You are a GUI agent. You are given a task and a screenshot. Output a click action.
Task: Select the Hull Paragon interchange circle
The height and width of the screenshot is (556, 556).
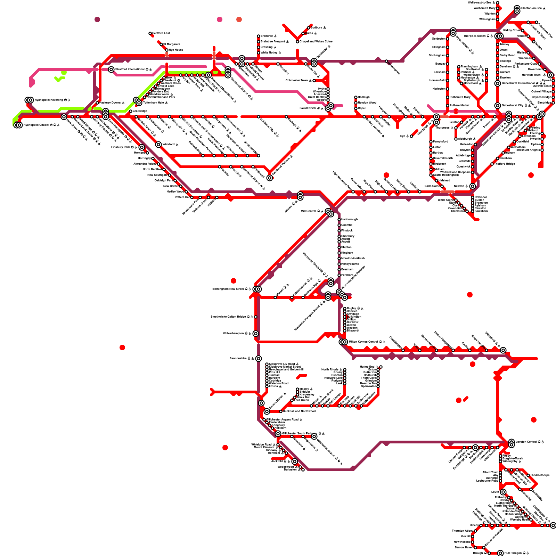pyautogui.click(x=500, y=553)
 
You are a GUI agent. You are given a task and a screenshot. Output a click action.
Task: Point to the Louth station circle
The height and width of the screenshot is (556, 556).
pyautogui.click(x=503, y=492)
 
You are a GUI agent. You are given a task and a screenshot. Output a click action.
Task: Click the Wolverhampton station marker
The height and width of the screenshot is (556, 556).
pyautogui.click(x=256, y=334)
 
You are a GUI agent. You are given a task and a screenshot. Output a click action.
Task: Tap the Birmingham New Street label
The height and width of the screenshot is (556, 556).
pyautogui.click(x=228, y=289)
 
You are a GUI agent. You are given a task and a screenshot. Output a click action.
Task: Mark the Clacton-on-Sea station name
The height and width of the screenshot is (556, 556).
pyautogui.click(x=531, y=8)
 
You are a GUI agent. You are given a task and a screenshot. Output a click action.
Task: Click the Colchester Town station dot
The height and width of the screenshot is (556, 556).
pyautogui.click(x=314, y=81)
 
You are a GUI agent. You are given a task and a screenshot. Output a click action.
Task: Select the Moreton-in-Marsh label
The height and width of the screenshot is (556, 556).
pyautogui.click(x=353, y=258)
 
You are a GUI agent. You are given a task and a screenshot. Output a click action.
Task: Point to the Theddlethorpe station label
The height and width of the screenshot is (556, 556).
pyautogui.click(x=540, y=475)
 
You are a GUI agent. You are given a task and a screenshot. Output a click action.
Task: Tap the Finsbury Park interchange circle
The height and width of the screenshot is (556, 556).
pyautogui.click(x=142, y=147)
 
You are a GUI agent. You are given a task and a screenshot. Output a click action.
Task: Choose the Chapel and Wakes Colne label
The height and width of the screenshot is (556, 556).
pyautogui.click(x=316, y=41)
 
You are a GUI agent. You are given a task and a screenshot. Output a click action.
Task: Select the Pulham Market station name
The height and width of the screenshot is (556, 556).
pyautogui.click(x=459, y=105)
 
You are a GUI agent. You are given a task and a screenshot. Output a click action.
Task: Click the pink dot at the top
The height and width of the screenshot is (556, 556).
pyautogui.click(x=220, y=19)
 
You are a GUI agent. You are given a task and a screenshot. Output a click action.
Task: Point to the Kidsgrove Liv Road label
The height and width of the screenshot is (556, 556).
pyautogui.click(x=282, y=364)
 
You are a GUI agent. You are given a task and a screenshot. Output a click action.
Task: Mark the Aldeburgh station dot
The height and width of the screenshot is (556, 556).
pyautogui.click(x=456, y=139)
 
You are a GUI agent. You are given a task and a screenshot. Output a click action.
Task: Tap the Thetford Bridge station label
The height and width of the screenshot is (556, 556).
pyautogui.click(x=505, y=164)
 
